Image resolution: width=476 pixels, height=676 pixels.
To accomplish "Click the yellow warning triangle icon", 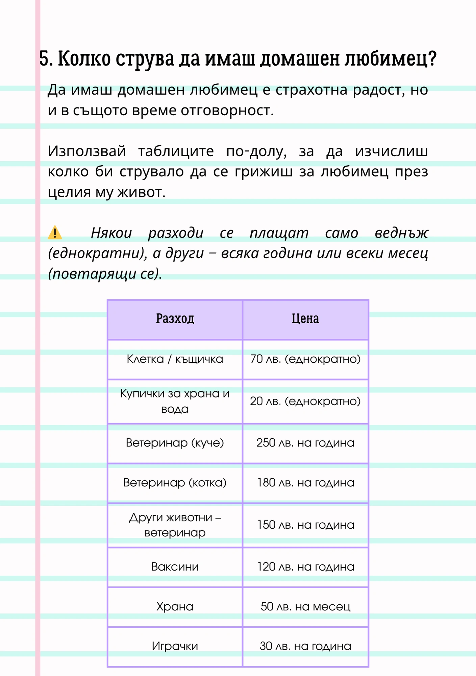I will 55,233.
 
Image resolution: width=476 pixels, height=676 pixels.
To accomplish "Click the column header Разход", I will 175,318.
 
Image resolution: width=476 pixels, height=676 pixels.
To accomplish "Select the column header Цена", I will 305,318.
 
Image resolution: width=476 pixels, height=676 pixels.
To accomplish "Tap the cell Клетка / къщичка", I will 175,359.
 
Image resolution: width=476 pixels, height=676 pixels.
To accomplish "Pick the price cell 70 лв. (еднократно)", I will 305,359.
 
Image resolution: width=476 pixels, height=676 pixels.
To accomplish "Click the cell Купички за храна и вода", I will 175,401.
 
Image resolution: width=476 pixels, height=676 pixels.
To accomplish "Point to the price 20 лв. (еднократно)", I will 305,401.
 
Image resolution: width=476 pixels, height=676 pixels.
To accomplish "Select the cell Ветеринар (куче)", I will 175,443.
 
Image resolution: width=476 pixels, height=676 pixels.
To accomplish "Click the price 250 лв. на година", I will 305,443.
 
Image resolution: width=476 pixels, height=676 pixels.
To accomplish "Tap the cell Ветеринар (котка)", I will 175,483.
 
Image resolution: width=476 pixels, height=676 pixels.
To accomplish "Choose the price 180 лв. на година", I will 305,483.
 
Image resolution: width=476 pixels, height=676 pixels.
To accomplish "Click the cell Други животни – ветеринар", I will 175,525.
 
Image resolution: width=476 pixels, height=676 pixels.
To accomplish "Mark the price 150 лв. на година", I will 305,525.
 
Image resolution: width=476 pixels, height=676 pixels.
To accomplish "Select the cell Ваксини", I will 175,567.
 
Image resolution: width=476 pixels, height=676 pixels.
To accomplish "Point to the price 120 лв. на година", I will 305,567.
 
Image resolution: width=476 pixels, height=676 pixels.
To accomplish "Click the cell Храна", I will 175,607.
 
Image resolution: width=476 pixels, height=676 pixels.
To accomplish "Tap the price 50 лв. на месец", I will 305,607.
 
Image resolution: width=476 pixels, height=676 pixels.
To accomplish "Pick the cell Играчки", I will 175,646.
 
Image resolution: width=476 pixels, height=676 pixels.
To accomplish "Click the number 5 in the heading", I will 44,59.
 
